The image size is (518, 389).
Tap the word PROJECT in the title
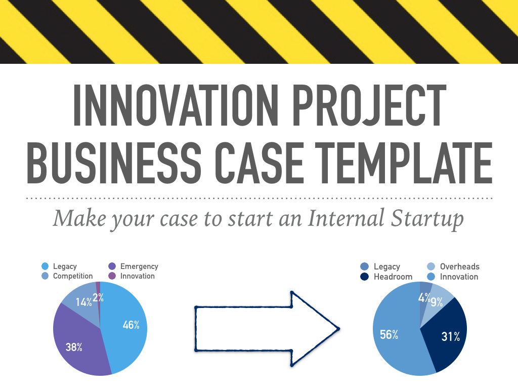click(369, 105)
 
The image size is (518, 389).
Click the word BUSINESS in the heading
click(114, 163)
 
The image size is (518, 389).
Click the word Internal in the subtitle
click(346, 218)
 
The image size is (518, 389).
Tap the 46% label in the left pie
click(131, 325)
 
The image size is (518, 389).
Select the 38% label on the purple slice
click(74, 347)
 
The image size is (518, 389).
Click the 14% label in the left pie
click(83, 302)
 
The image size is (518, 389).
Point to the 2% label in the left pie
click(98, 298)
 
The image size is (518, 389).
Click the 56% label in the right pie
click(389, 334)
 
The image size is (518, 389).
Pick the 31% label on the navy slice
click(451, 336)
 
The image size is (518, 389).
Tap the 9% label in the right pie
click(437, 302)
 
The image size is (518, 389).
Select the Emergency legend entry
click(133, 266)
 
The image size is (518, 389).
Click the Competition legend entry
click(67, 276)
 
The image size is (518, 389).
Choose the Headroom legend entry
click(386, 277)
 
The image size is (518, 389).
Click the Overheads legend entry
click(453, 266)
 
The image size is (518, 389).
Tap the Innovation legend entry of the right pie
click(453, 277)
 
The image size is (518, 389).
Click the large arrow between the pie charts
click(267, 329)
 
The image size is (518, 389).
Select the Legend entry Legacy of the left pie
click(60, 266)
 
